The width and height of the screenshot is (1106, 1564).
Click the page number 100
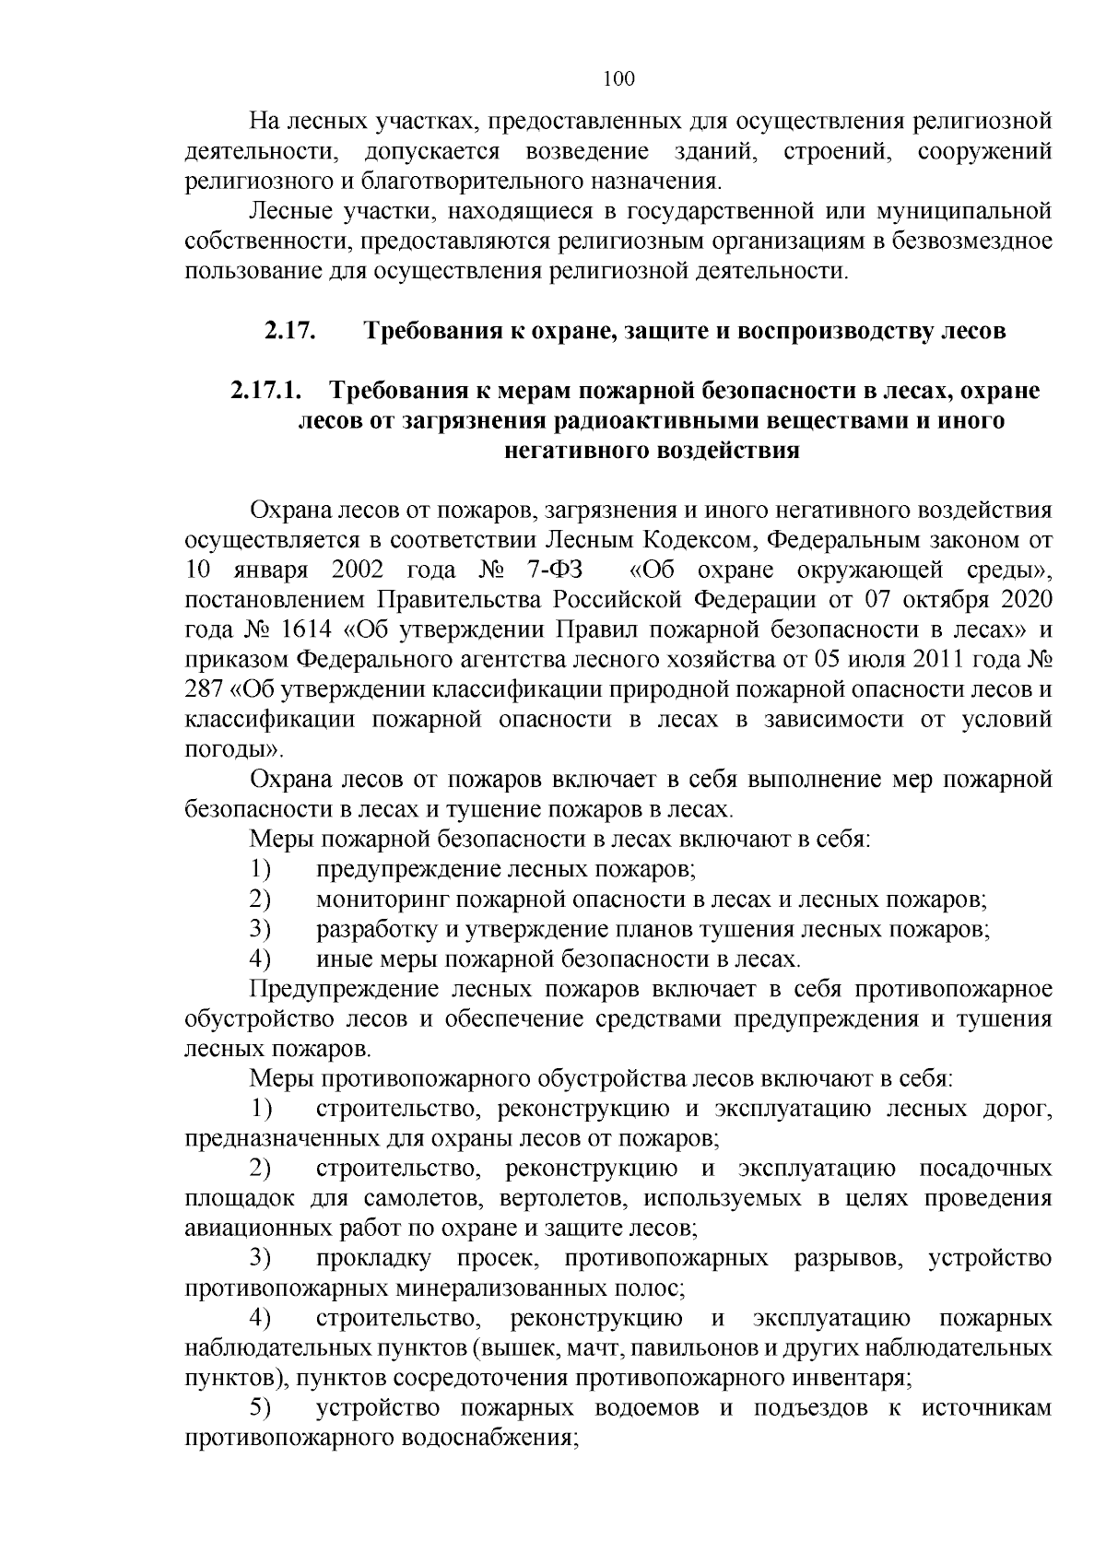618,79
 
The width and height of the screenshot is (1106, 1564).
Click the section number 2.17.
291,330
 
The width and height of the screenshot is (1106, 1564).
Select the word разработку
378,929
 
